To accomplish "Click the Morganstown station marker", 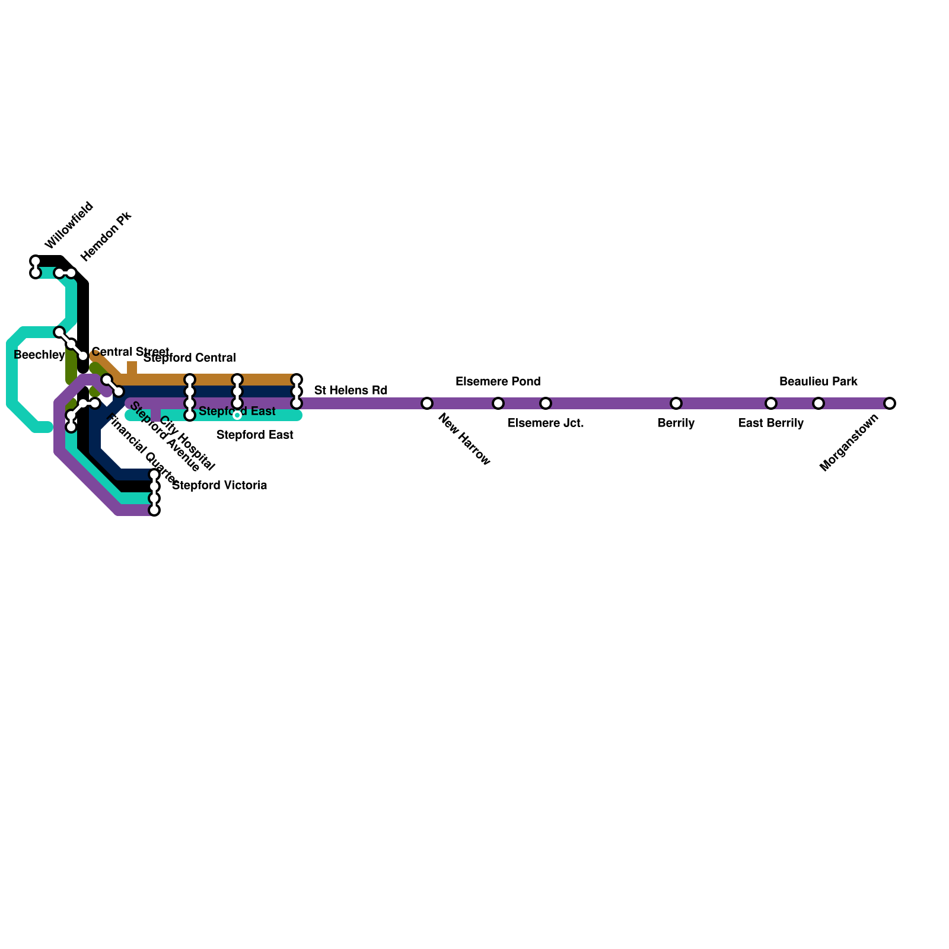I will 889,403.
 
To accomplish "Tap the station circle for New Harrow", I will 427,403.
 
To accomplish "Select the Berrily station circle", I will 676,403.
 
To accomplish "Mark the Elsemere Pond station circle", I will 498,403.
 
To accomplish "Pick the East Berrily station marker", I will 771,403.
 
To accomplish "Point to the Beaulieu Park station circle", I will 819,403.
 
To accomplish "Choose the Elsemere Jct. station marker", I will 546,403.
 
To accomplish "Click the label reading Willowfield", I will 69,225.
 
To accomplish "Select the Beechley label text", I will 39,355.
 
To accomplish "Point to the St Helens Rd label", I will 351,390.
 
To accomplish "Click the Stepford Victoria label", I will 219,486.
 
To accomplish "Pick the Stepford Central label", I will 190,358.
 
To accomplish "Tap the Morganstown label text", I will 849,442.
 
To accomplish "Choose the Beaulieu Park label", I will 818,381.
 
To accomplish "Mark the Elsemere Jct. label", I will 546,423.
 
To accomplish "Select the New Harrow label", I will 464,440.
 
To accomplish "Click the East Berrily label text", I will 771,423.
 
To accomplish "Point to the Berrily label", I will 676,423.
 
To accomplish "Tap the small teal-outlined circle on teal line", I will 237,415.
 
